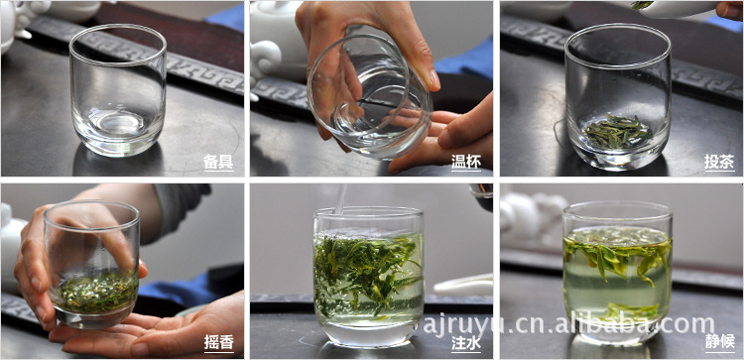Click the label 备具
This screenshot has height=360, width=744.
coord(218,162)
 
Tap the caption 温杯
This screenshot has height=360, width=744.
coord(466,162)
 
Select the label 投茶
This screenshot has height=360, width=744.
coord(719,162)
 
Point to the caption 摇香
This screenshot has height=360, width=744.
coord(218,343)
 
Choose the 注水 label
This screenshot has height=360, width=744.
coord(466,343)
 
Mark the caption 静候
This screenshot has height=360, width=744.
coord(719,343)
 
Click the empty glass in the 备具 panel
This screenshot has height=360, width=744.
coord(118,90)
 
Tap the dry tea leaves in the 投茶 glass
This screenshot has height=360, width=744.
coord(617,130)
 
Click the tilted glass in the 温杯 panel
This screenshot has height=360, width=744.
coord(370,95)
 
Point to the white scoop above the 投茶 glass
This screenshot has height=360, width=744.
coord(679,9)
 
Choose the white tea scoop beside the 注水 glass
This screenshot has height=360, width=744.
coord(462,286)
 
